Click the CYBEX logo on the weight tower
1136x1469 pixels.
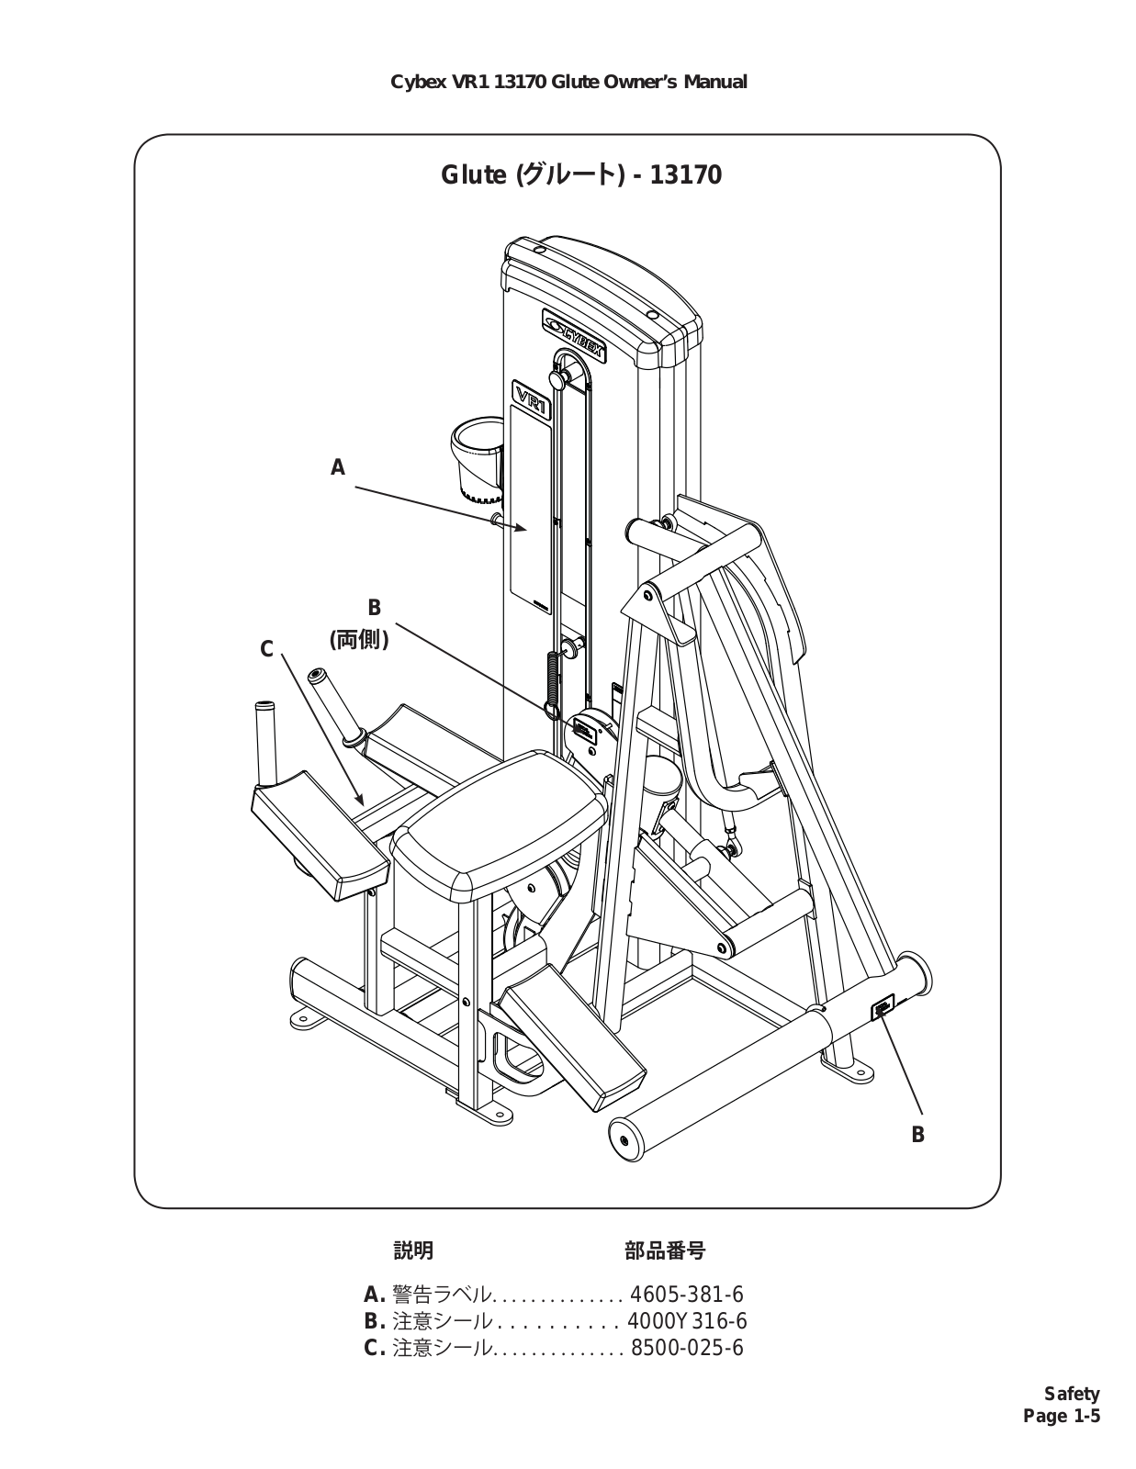[x=574, y=335]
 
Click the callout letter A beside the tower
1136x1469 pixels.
[x=337, y=467]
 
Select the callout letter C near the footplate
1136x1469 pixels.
[x=266, y=650]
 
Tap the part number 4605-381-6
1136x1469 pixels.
[x=686, y=1294]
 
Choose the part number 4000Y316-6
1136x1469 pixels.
[x=687, y=1320]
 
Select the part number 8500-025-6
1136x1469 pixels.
[x=687, y=1347]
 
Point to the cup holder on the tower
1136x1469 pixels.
[x=476, y=458]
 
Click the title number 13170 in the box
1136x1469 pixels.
[x=686, y=175]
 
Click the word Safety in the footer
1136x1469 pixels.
[x=1072, y=1394]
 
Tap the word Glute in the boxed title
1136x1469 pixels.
[x=473, y=175]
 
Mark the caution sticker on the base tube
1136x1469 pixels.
[x=883, y=1009]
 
